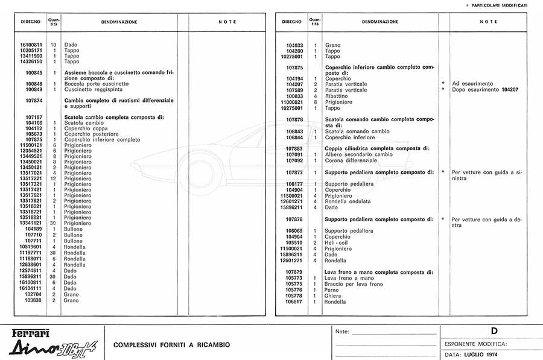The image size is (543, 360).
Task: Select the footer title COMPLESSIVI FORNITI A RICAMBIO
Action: (172, 345)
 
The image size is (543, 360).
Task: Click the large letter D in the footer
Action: (494, 331)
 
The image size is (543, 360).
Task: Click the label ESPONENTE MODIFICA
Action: (475, 344)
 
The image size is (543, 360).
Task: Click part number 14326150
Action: (31, 62)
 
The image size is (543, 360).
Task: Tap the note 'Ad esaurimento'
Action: (472, 84)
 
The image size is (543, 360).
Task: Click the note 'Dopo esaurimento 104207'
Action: (485, 90)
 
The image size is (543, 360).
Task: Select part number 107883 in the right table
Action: (294, 148)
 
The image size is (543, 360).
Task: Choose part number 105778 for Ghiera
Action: (294, 295)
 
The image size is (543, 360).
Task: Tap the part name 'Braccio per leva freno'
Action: (354, 284)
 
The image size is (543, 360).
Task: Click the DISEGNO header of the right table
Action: (292, 22)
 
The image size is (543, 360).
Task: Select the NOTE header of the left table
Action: (227, 22)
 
